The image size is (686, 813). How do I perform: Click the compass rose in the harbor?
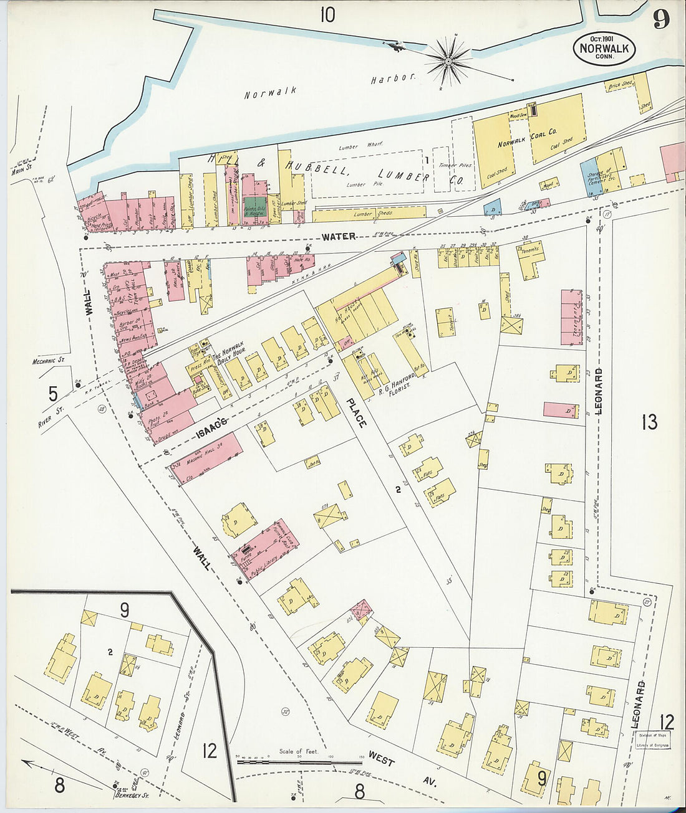pos(448,61)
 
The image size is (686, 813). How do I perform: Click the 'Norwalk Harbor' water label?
pos(329,87)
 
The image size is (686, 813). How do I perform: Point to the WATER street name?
pos(339,237)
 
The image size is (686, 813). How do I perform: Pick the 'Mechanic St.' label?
pos(49,361)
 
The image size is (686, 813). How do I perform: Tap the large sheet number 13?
pos(649,422)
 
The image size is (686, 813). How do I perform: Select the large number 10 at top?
pos(327,14)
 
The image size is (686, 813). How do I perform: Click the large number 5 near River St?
pos(53,394)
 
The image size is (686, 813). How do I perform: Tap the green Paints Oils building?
pos(254,207)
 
